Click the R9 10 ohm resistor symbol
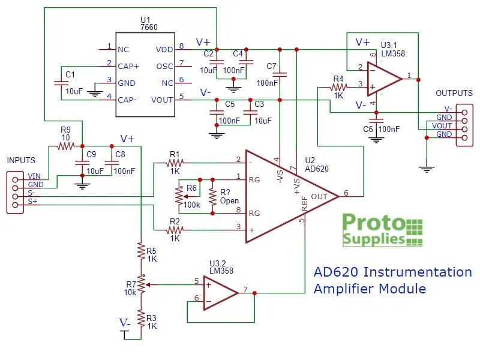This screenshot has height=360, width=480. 65,146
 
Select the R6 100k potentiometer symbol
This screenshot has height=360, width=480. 178,196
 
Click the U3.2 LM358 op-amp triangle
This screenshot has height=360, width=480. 220,293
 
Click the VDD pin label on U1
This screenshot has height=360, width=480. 164,50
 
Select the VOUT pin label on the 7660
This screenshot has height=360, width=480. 163,100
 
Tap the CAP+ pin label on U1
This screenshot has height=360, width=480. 127,66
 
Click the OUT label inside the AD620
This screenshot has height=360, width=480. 320,196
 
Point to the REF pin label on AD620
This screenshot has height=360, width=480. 304,206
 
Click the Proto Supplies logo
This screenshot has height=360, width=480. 382,230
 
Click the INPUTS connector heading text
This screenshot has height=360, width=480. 21,161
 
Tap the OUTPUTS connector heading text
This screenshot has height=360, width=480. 454,94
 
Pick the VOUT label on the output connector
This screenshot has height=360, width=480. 442,126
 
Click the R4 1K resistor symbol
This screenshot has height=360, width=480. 338,88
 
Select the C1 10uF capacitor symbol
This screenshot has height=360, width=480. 60,83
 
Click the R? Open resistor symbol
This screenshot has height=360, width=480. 212,196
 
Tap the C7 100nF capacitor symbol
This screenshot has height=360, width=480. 280,74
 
